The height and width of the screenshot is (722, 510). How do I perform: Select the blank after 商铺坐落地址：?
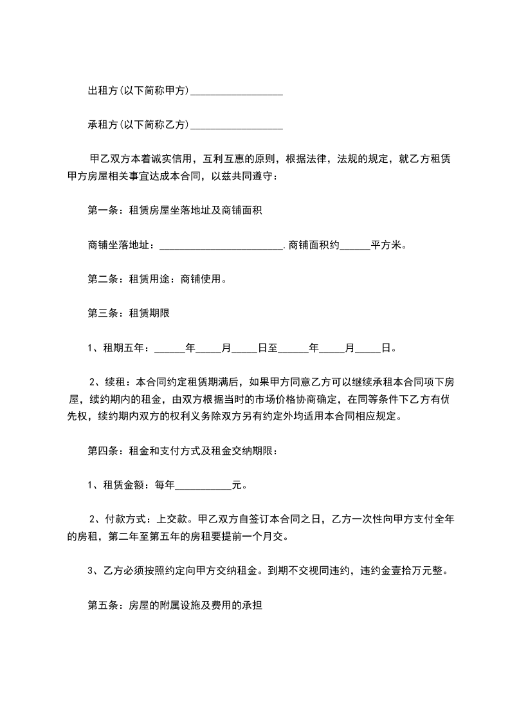[x=221, y=246]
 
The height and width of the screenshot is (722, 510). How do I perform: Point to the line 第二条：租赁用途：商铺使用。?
[x=156, y=280]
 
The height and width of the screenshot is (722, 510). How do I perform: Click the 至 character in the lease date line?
[x=273, y=349]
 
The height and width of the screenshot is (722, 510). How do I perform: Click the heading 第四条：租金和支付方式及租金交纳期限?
[x=182, y=451]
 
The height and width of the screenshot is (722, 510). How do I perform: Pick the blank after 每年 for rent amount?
[x=203, y=485]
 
